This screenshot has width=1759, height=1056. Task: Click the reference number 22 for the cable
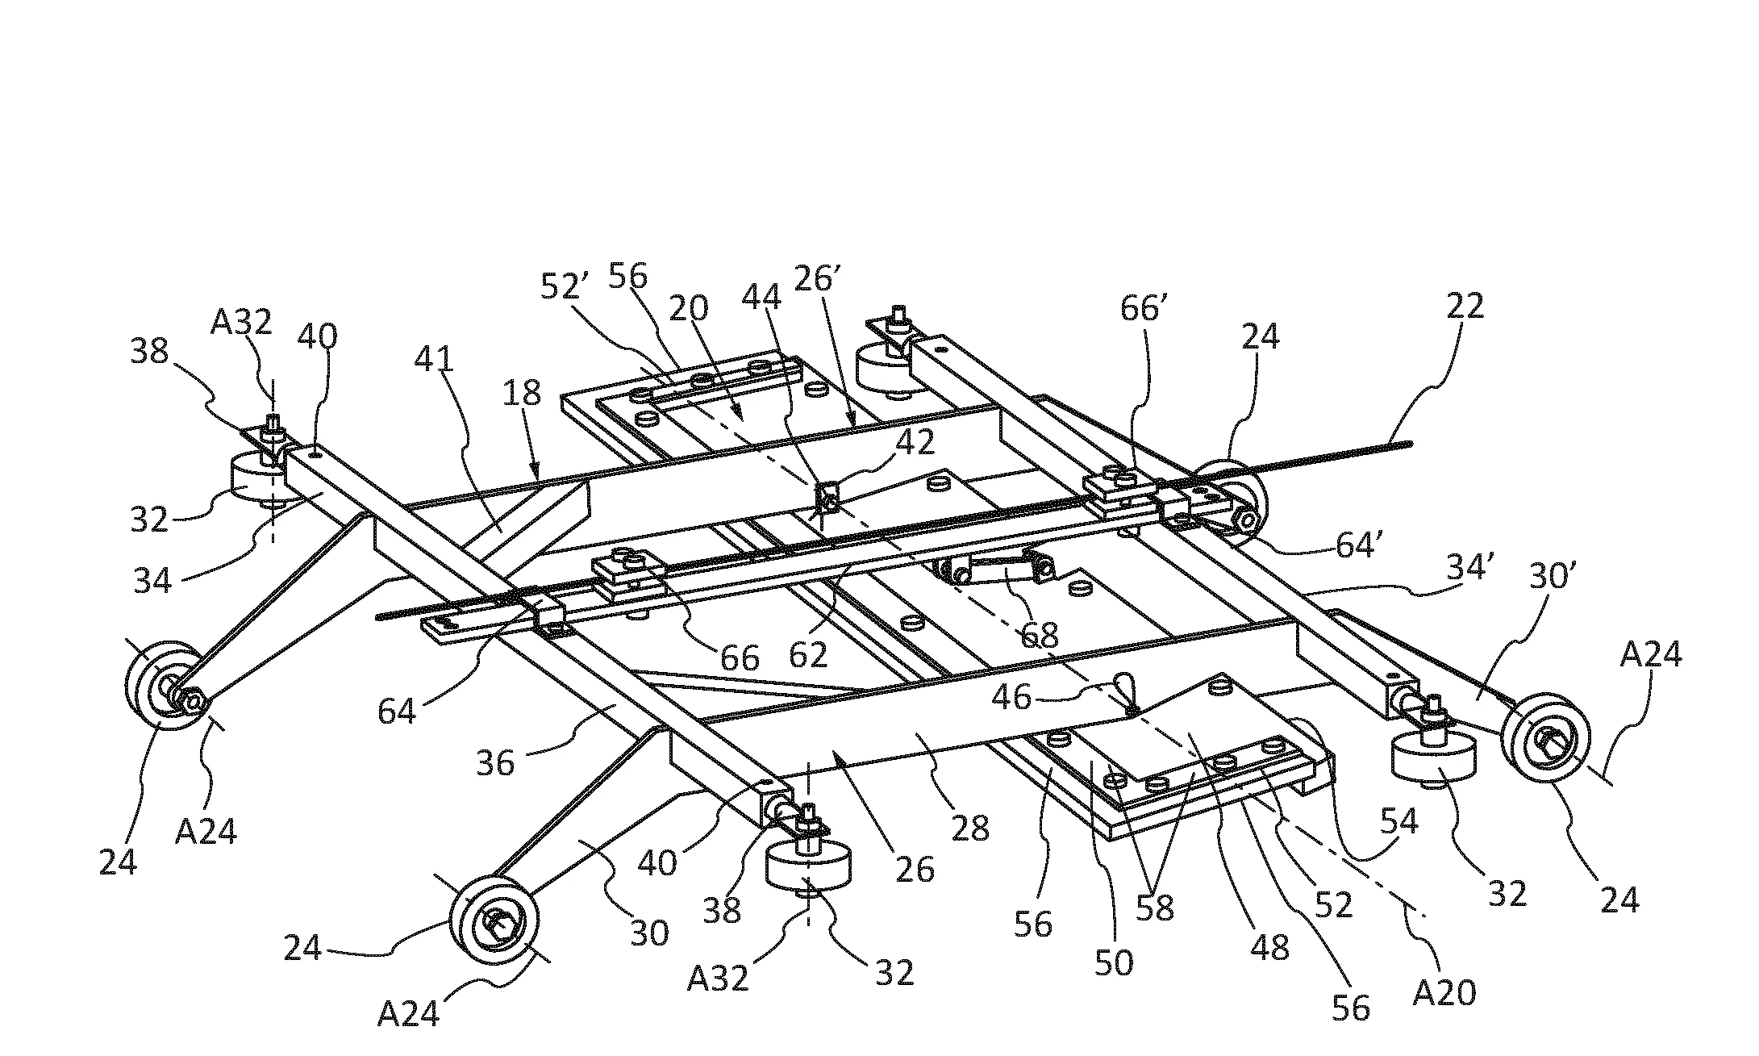pyautogui.click(x=1465, y=307)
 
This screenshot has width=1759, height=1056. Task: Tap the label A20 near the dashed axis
pyautogui.click(x=1444, y=991)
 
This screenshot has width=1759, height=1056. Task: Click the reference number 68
pyautogui.click(x=1039, y=636)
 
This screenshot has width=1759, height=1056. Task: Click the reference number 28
pyautogui.click(x=969, y=828)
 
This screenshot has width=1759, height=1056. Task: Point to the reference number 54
pyautogui.click(x=1398, y=820)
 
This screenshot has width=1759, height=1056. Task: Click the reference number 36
pyautogui.click(x=495, y=762)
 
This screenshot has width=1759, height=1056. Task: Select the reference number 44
pyautogui.click(x=761, y=298)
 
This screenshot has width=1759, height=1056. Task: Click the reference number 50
pyautogui.click(x=1114, y=962)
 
